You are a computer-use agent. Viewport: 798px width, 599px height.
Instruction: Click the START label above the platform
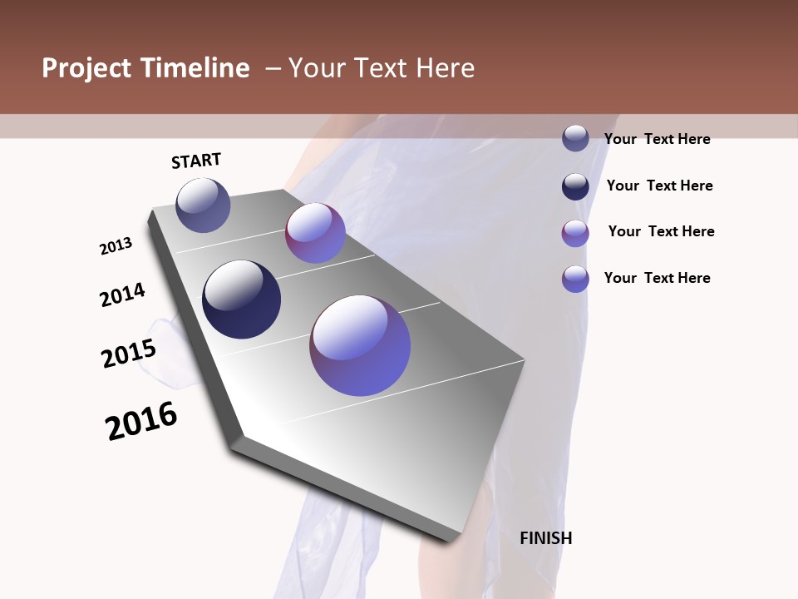196,161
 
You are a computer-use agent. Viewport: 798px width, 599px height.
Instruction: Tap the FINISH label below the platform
546,538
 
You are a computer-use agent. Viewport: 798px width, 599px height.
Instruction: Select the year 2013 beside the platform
116,246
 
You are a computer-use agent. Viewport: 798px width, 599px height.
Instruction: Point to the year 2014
122,295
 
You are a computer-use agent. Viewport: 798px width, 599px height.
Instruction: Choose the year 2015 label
129,354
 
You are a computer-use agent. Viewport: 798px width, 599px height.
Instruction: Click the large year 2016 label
141,421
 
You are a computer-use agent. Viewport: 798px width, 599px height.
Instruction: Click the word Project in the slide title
86,68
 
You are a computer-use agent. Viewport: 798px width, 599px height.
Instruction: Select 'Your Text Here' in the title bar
381,68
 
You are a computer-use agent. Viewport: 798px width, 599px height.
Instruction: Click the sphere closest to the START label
203,205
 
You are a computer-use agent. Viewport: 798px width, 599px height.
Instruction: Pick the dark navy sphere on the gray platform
241,299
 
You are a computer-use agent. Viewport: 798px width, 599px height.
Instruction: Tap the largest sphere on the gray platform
360,345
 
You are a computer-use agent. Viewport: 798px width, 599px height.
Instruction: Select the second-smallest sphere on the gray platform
315,233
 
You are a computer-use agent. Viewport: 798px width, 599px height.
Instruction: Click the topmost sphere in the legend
575,138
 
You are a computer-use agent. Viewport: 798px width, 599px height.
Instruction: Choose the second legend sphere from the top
575,186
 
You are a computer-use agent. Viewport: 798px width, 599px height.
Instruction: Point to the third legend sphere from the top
575,233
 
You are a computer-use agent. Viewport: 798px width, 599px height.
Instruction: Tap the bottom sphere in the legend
575,279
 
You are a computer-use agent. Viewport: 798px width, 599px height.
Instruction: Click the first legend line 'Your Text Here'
657,139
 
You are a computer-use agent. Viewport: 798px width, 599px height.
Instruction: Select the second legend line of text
659,186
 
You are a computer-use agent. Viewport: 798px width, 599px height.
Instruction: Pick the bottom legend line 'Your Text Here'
657,278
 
